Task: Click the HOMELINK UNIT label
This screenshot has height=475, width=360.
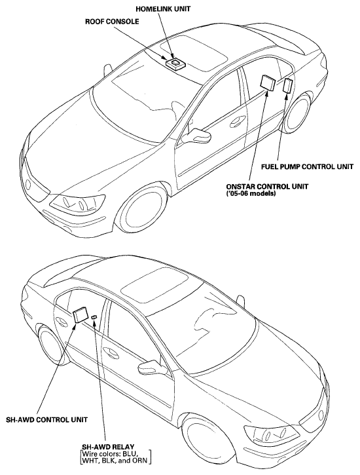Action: (163, 9)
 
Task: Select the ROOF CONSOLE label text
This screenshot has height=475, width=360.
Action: (112, 22)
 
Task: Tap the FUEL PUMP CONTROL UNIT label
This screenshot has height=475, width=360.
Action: (307, 166)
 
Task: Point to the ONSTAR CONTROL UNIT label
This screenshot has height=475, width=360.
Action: (267, 186)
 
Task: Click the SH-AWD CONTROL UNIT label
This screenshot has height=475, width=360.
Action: (47, 419)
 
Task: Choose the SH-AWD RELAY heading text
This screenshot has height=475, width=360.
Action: (108, 447)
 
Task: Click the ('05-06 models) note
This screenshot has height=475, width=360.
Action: (251, 193)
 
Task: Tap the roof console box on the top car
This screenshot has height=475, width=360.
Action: (175, 64)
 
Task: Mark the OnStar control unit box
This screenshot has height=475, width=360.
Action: (268, 82)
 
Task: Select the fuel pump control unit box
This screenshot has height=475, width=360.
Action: (287, 85)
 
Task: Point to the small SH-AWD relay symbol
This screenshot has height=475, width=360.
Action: (94, 316)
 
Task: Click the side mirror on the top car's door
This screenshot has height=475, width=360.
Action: (197, 136)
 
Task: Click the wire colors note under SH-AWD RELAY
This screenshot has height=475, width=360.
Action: (115, 457)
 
